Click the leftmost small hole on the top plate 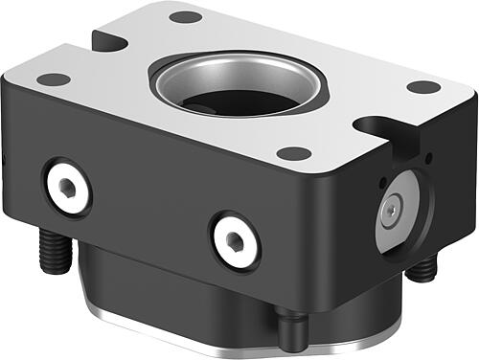point(54,79)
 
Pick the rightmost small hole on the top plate point(422,87)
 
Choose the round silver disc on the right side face point(399,209)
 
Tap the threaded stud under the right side point(422,269)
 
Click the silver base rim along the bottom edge point(192,326)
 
